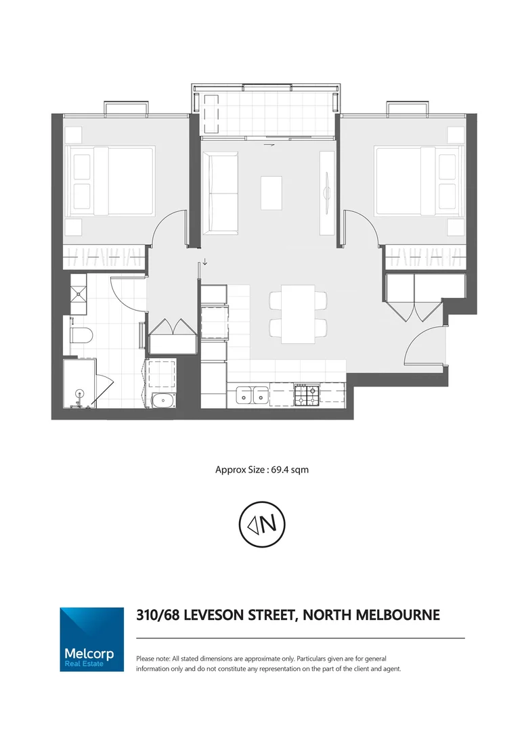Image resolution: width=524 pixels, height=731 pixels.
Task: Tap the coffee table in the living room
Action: point(271,192)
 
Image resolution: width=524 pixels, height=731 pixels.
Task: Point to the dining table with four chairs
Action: point(298,313)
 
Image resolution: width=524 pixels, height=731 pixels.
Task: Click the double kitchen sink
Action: point(252,395)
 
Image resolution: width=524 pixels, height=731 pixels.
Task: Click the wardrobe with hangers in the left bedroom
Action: point(104,257)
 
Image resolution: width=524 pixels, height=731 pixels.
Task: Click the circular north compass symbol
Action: point(261,523)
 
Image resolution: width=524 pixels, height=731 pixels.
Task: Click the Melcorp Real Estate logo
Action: point(91,639)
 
